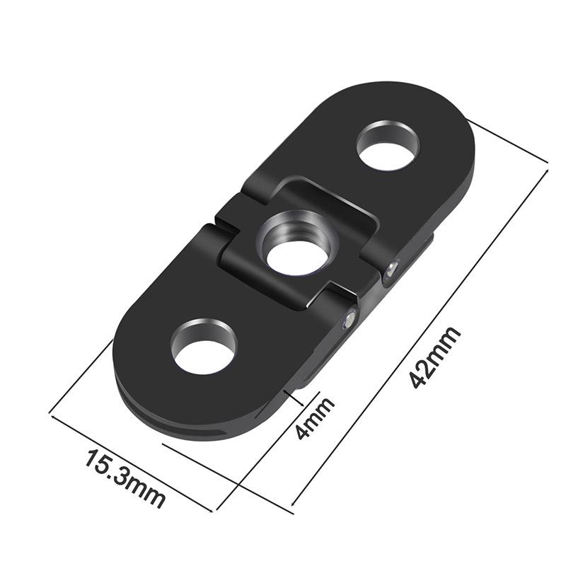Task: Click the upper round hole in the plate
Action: point(388,145)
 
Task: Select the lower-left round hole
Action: point(204,347)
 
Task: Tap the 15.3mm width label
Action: point(125,478)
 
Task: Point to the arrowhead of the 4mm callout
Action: point(286,388)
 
